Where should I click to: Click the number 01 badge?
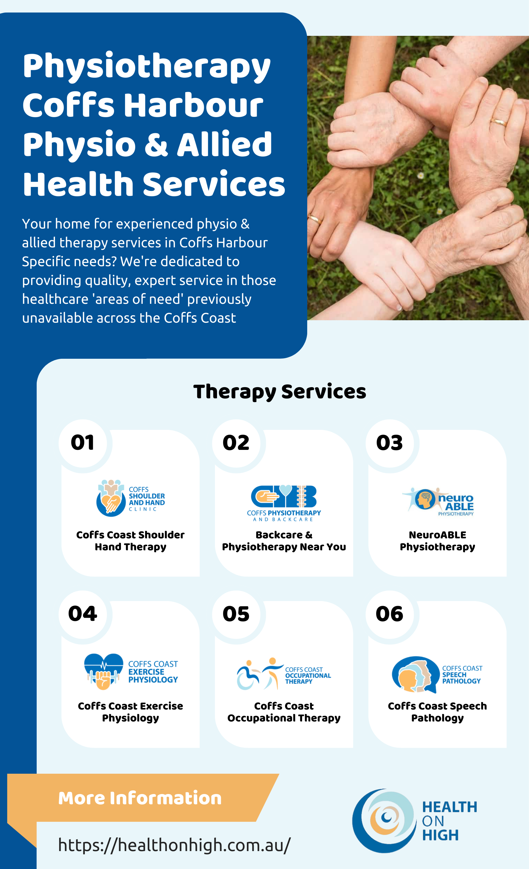click(x=82, y=443)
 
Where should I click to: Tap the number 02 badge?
click(x=236, y=443)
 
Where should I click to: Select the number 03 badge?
click(x=390, y=443)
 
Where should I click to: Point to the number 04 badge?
click(x=82, y=614)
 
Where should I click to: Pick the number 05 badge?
click(x=236, y=614)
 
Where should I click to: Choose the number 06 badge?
click(x=390, y=614)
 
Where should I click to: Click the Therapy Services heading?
click(x=280, y=392)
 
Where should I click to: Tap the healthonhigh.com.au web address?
click(x=174, y=845)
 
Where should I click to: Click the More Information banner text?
click(x=140, y=798)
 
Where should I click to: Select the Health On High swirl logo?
click(x=385, y=820)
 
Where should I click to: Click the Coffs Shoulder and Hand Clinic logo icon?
click(x=111, y=498)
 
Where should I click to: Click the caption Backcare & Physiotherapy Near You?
click(x=284, y=541)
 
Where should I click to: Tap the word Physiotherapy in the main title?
click(x=147, y=67)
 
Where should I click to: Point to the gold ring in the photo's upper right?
click(x=499, y=122)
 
